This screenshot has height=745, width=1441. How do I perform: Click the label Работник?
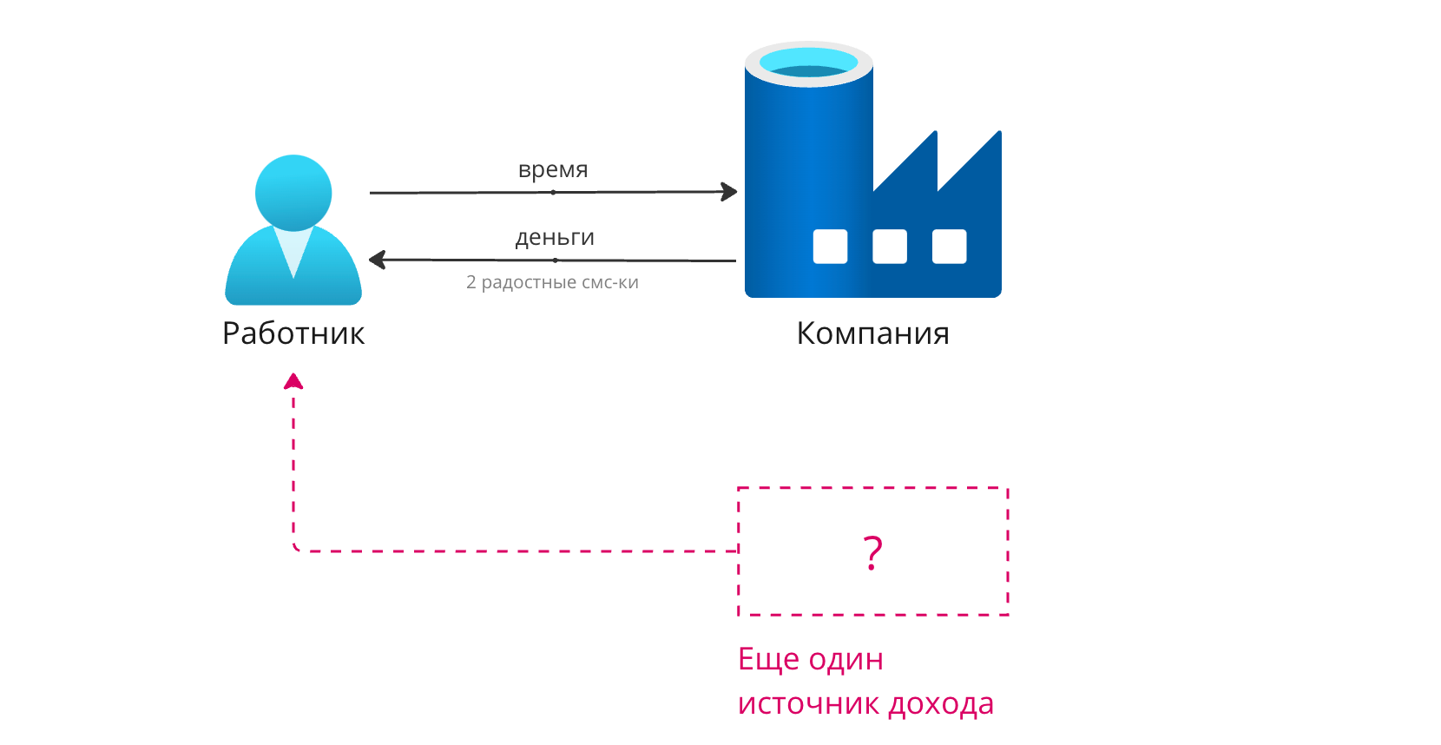coord(293,333)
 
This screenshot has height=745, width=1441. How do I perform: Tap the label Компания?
coord(872,333)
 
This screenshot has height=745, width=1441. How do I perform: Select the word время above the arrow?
coord(553,169)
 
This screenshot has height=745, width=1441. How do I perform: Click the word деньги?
coord(555,237)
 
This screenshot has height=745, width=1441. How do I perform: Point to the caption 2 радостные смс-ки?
coord(552,282)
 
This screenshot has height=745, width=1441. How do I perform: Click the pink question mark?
coord(872,552)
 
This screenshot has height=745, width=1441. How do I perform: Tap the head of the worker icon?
coord(293,192)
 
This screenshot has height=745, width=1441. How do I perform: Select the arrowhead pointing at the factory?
coord(729,192)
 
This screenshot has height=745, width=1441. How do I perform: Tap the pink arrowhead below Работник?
coord(293,381)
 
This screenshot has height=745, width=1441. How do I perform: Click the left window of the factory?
coord(830,247)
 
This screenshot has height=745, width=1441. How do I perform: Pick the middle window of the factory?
coord(890,247)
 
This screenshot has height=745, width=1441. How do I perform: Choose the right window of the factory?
coord(949,247)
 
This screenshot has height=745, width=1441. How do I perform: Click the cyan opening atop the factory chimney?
coord(808,63)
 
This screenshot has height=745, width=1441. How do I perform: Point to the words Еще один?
coord(810,659)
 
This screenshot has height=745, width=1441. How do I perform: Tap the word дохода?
coord(938,703)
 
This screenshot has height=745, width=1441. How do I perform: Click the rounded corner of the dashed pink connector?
coord(296,548)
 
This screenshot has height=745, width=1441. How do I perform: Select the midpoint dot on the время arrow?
coord(553,193)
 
